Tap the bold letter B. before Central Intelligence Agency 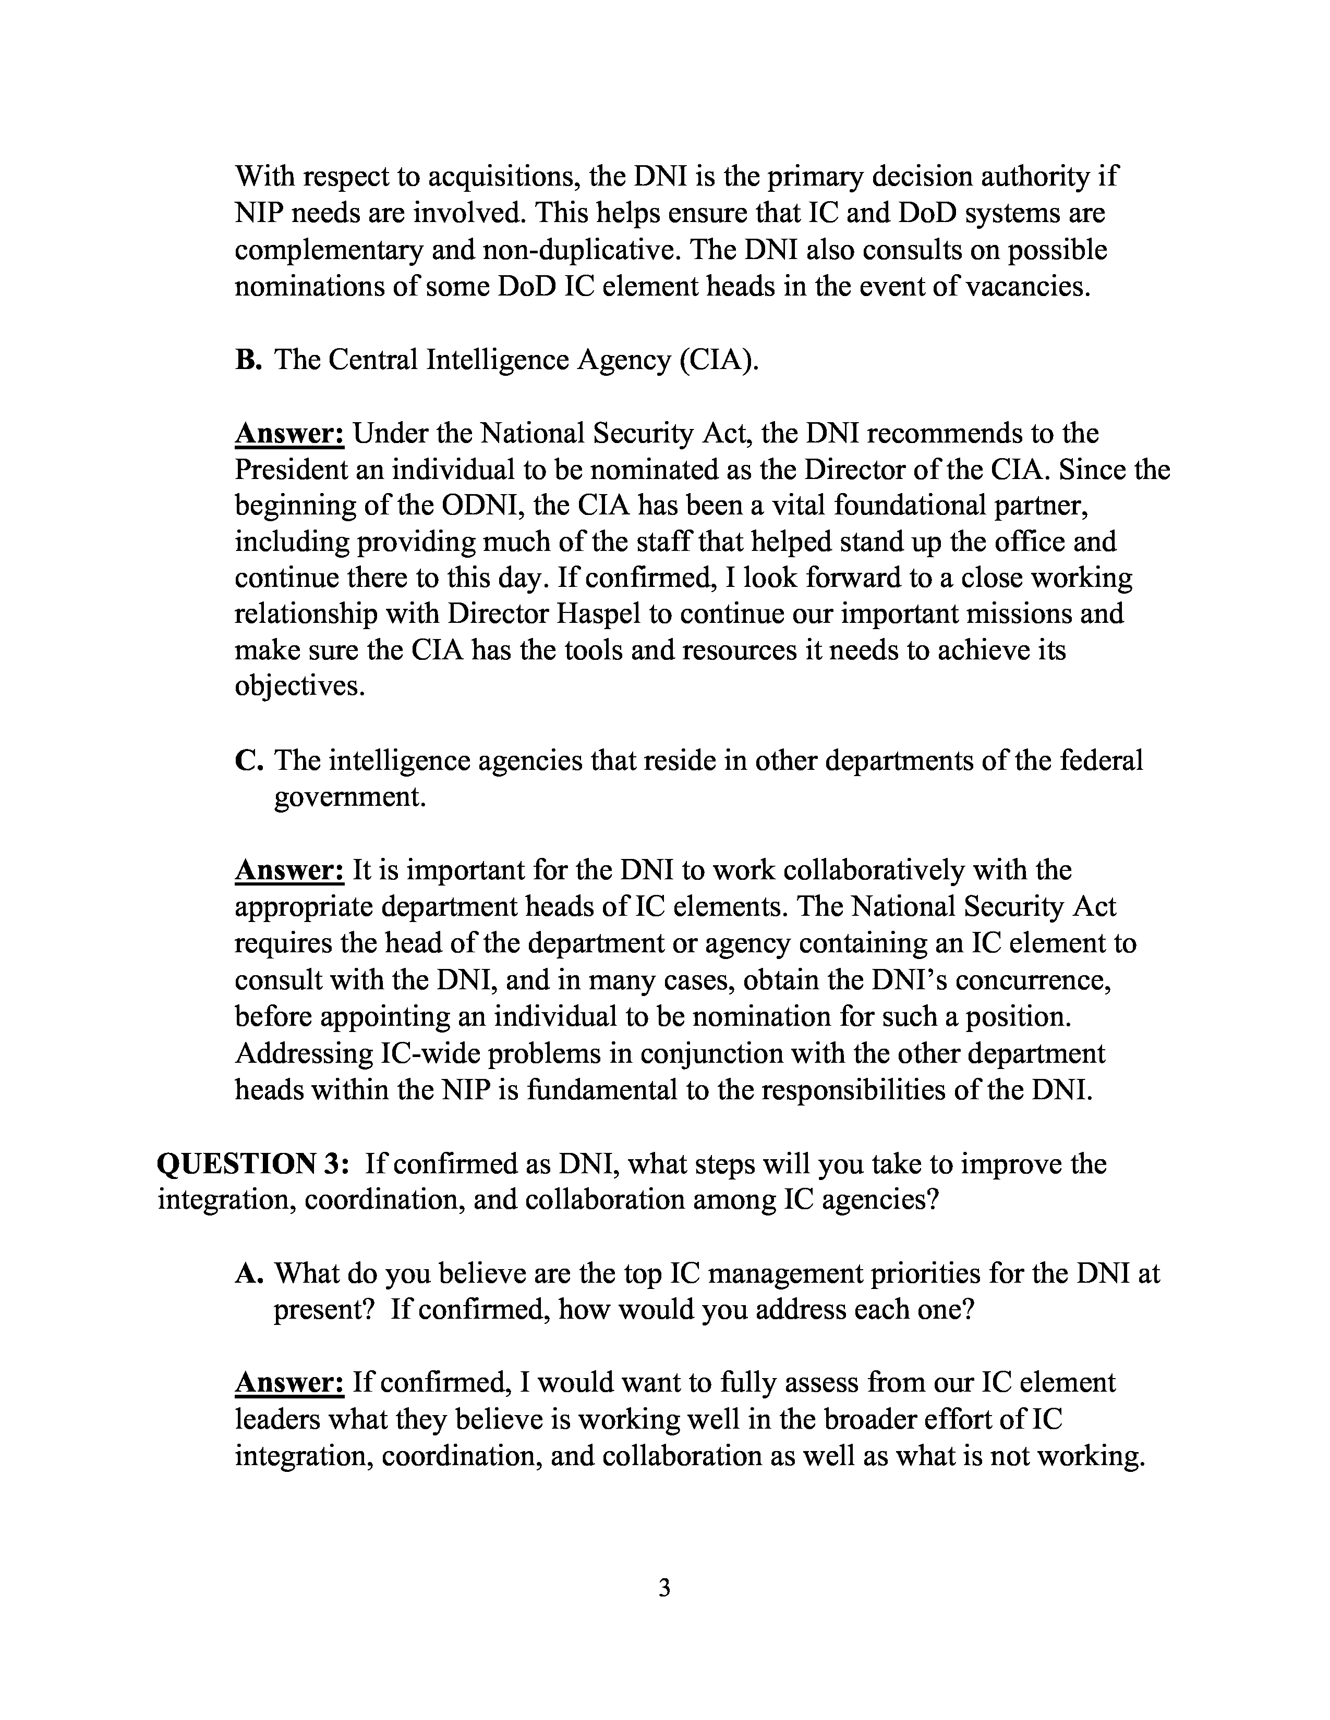(247, 360)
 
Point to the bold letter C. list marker (248, 761)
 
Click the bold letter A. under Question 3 (248, 1273)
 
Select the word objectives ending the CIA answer (300, 687)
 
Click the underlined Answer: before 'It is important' (289, 870)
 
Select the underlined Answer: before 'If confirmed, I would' (289, 1383)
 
